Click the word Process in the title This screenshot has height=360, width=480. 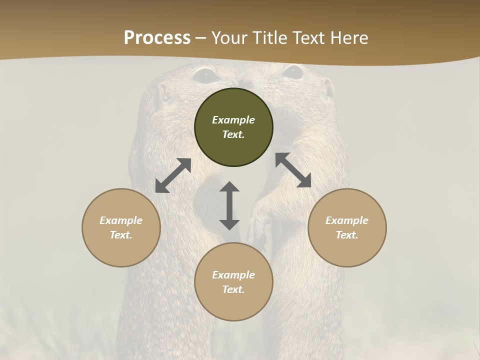(x=157, y=37)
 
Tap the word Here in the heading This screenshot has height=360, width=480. (x=349, y=37)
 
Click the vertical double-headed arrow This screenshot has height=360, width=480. (x=229, y=205)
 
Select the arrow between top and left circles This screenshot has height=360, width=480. (x=173, y=175)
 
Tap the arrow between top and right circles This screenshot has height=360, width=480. (x=293, y=170)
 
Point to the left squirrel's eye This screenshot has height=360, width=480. (x=205, y=75)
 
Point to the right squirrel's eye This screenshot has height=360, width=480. (x=292, y=72)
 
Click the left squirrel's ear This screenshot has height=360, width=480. (x=163, y=92)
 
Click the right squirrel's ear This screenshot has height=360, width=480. (x=328, y=88)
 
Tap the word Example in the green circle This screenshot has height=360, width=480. (x=233, y=120)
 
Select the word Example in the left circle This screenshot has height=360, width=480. (x=121, y=220)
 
